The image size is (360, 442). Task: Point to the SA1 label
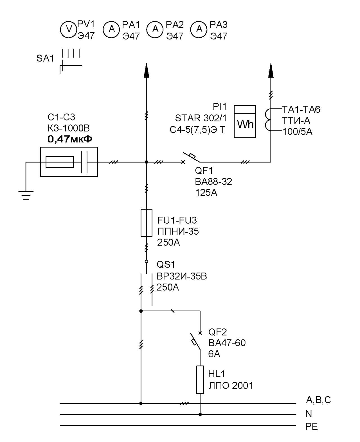coord(45,58)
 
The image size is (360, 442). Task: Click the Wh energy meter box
coord(245,121)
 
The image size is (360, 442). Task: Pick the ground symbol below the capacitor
coord(26,195)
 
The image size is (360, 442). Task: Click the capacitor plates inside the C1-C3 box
coord(84,162)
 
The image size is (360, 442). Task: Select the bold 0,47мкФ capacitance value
coord(70,139)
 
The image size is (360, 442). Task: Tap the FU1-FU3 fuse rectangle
coord(146,223)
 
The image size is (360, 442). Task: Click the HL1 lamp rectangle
coord(200,380)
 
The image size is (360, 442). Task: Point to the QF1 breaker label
coord(204,171)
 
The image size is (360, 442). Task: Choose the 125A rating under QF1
coord(206,193)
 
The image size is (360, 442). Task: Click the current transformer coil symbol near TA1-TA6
coord(268,120)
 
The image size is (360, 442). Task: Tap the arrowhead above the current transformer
coord(271,71)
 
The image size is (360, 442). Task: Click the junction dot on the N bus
coord(200,414)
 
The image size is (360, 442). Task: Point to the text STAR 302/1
coord(201,118)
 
